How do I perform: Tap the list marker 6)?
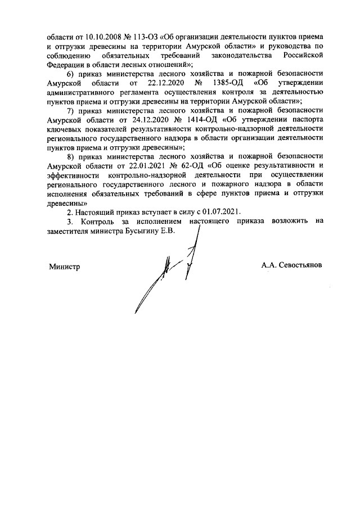[71, 74]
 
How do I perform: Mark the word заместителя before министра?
[71, 232]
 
